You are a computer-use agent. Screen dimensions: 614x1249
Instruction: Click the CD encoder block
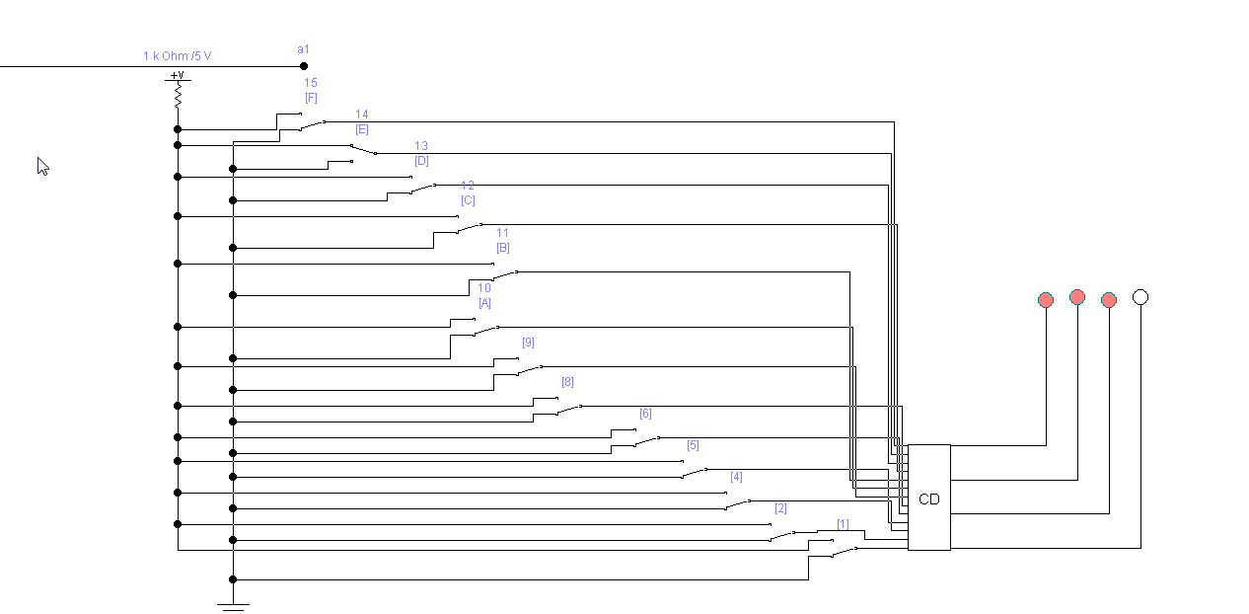pos(928,498)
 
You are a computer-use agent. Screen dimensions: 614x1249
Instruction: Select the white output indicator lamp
pos(1140,296)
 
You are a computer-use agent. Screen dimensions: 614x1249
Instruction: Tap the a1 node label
pos(303,49)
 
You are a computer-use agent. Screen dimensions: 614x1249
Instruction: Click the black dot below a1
pos(304,66)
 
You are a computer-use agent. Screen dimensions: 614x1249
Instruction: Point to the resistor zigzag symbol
pos(178,96)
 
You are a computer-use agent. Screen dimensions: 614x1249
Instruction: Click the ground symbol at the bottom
pos(233,605)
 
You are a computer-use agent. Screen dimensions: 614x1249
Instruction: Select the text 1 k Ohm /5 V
pos(177,56)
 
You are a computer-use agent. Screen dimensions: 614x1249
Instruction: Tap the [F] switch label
pos(311,98)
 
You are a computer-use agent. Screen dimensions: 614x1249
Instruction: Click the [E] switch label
pos(362,129)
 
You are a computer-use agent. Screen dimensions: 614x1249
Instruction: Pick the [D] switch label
pos(421,161)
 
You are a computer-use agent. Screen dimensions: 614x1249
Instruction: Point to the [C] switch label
pos(468,200)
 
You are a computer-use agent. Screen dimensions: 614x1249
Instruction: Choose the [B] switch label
pos(502,248)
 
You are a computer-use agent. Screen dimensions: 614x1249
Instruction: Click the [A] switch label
pos(484,303)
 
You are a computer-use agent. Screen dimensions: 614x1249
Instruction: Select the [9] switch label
pos(528,343)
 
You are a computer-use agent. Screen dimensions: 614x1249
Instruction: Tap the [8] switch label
pos(567,382)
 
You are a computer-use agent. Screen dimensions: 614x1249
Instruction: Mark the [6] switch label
pos(645,414)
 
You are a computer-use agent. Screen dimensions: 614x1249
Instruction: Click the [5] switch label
pos(693,445)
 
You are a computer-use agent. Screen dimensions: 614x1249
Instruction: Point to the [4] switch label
pos(736,477)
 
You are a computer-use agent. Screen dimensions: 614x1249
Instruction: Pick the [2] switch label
pos(780,508)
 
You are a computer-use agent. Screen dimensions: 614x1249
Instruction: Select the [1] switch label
pos(843,524)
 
